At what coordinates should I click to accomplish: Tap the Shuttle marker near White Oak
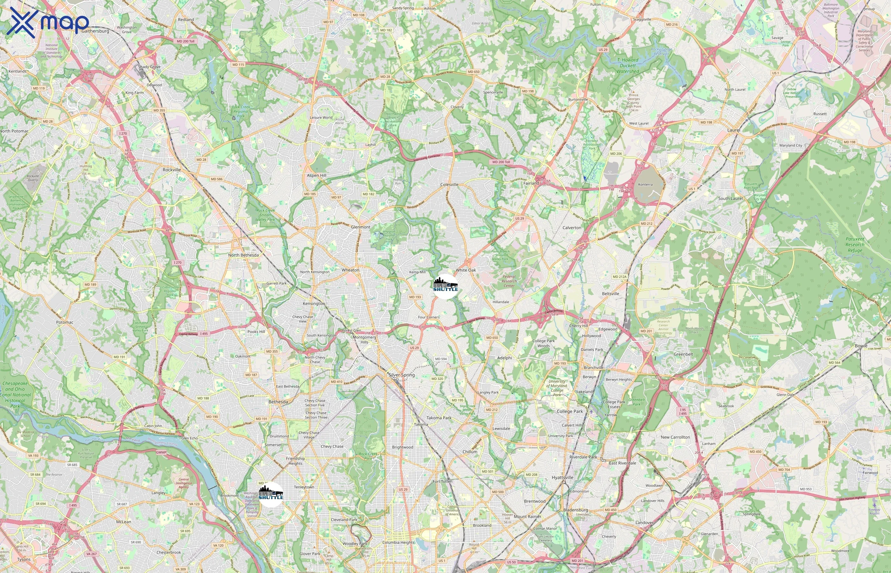pos(445,286)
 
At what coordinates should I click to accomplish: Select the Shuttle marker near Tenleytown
pos(271,494)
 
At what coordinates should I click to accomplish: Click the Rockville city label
pos(172,170)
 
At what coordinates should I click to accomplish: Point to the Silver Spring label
pos(402,375)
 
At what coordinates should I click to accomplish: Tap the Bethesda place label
pos(278,402)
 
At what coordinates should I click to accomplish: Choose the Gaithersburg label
pos(95,31)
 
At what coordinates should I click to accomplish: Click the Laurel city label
pos(734,130)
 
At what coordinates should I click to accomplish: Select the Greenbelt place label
pos(683,354)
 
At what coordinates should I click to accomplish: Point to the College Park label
pos(570,412)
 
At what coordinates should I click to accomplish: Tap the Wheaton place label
pos(350,270)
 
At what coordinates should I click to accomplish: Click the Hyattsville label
pos(562,478)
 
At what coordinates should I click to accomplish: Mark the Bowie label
pos(861,346)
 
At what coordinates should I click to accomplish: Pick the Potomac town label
pos(65,322)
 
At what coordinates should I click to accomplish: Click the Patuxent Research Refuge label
pos(855,244)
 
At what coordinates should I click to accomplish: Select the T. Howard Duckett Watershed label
pos(628,66)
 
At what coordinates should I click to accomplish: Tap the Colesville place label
pos(449,185)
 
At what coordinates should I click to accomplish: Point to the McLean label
pos(123,522)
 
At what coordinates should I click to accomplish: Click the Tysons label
pos(24,559)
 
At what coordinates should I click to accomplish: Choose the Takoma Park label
pos(439,418)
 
